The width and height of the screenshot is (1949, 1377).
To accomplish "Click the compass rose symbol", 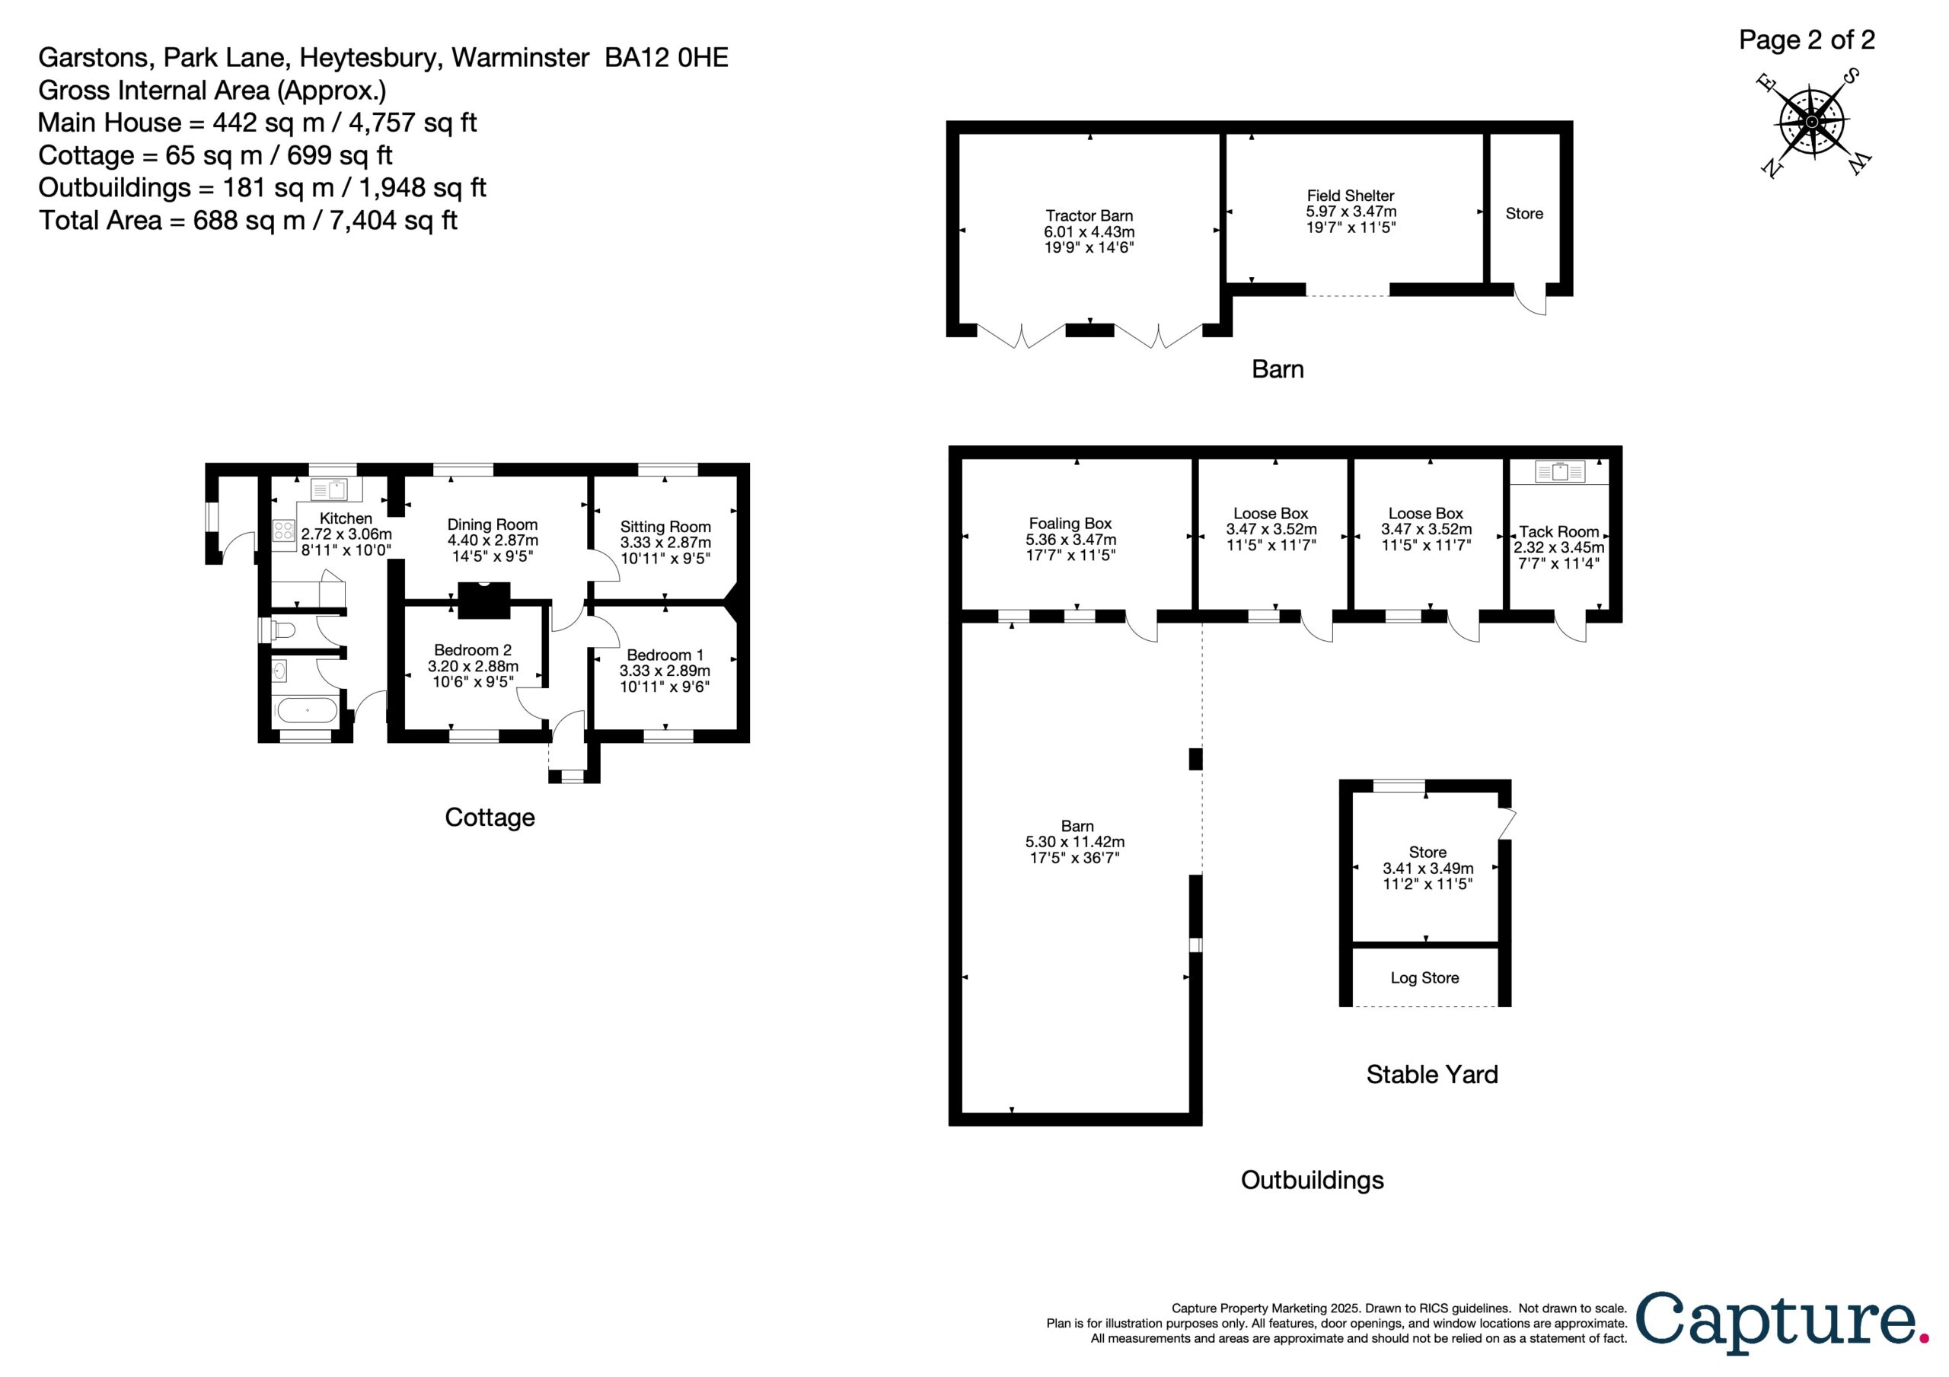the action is click(1811, 123).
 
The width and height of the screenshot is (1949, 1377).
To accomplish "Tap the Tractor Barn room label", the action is click(1089, 215).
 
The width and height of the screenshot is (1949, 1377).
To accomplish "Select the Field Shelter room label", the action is click(1351, 196).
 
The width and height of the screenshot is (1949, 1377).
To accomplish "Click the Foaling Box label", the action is click(1070, 524).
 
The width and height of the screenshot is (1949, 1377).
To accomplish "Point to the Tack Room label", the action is click(1559, 531).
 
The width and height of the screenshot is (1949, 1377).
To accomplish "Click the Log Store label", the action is click(1425, 978).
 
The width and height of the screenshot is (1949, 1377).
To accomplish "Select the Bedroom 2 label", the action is click(473, 650).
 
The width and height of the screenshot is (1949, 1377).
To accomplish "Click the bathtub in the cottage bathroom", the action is click(308, 710).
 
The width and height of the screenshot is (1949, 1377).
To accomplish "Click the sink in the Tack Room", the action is click(1560, 471).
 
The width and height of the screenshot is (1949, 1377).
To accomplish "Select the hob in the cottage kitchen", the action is click(283, 531).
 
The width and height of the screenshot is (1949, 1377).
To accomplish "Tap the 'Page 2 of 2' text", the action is click(1807, 40).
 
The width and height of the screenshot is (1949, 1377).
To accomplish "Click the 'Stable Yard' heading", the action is click(1432, 1075).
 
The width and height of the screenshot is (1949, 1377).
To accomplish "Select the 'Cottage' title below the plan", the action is click(490, 818).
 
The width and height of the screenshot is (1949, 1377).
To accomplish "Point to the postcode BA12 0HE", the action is click(666, 58).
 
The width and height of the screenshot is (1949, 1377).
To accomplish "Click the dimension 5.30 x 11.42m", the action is click(1075, 842).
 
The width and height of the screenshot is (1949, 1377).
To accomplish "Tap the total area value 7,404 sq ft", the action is click(393, 221).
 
